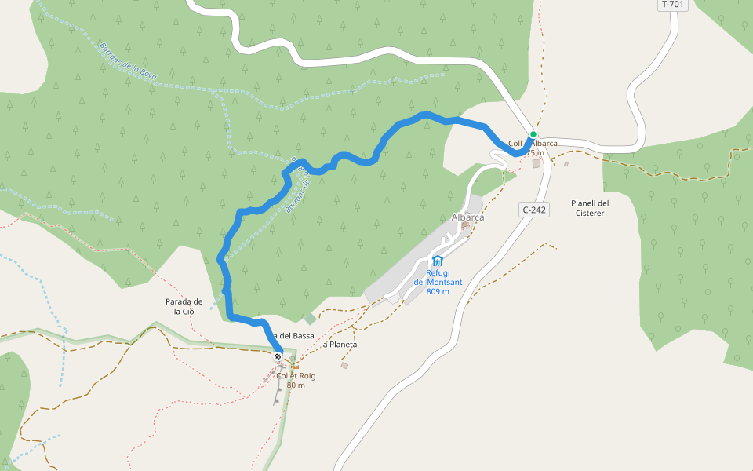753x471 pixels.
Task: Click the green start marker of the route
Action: point(533,134)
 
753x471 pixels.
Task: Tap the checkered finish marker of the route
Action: point(278,357)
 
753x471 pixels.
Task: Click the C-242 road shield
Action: point(533,210)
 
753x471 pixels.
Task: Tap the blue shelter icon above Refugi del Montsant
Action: point(438,261)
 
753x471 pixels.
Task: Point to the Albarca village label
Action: point(468,217)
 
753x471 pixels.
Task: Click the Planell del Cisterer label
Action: point(590,207)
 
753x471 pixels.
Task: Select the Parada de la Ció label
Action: point(184,306)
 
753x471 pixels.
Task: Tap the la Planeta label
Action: point(339,345)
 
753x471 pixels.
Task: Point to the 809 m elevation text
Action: point(438,291)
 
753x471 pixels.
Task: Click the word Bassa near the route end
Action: point(303,336)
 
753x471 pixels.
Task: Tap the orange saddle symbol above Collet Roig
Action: point(295,365)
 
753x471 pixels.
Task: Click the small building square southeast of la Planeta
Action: point(344,365)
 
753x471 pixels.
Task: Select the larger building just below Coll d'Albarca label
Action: point(537,163)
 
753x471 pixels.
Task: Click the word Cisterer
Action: point(590,213)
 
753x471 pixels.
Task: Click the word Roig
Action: point(307,376)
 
